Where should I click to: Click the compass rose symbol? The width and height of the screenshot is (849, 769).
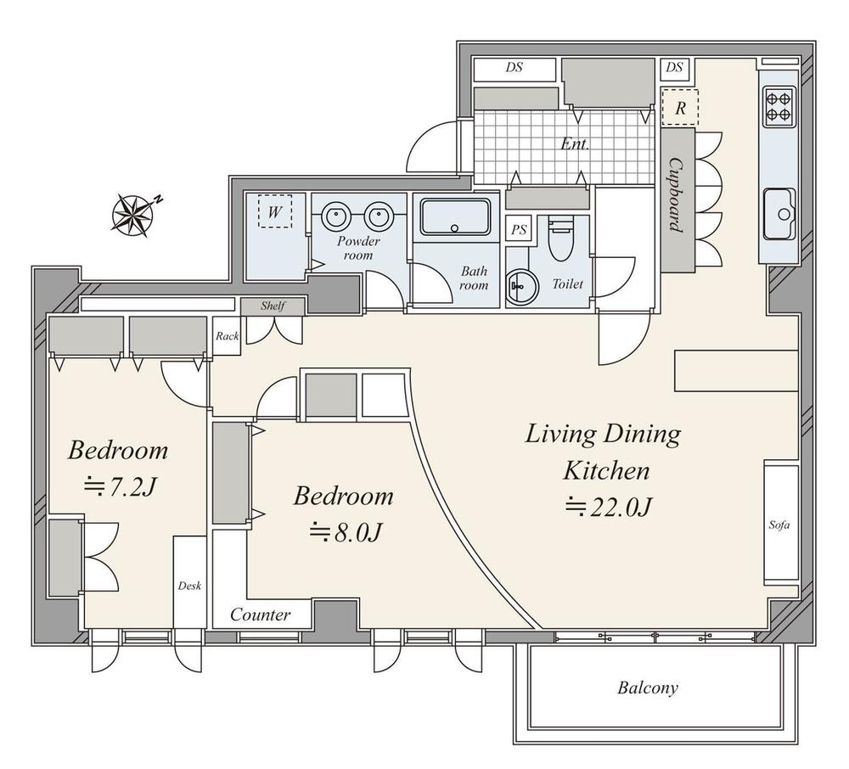coord(133,215)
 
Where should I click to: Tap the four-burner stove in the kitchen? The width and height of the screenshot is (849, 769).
coord(779,107)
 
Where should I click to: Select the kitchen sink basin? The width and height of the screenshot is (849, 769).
coord(779,214)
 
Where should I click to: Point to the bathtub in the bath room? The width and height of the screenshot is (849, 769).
coord(455,216)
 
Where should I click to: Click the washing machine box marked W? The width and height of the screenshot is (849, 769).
coord(274,211)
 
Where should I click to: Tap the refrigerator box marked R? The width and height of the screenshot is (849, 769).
coord(680,107)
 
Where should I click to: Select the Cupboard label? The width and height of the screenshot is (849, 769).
coord(676,195)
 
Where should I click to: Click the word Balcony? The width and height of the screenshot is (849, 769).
coord(648,688)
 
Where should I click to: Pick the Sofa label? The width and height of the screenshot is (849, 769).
coord(779,525)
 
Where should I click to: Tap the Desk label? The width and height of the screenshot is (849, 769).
coord(189,585)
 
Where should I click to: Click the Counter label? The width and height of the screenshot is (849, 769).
coord(260,615)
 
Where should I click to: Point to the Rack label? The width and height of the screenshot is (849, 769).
coord(227,336)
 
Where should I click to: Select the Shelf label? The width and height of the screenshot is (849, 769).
coord(273,306)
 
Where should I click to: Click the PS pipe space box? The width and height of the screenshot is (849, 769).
coord(519,229)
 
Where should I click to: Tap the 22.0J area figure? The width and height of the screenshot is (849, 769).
coord(608,507)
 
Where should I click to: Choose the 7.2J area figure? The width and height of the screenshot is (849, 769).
coord(120,487)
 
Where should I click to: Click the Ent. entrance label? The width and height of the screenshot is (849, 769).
coord(575,144)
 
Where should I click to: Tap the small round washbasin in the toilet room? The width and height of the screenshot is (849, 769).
coord(522,283)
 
